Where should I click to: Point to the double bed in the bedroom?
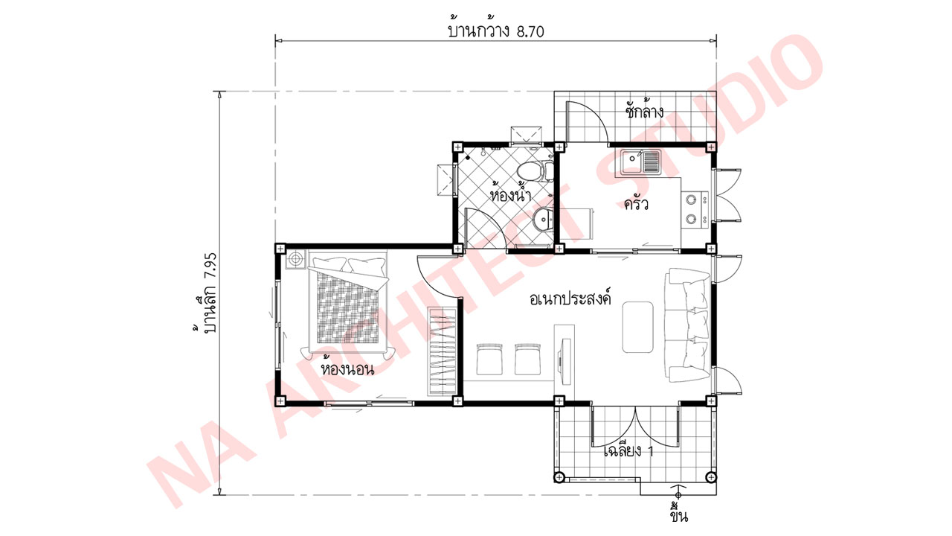348,305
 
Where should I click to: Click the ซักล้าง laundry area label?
643,112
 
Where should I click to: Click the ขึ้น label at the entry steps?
678,514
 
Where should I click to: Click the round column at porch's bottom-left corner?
559,476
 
